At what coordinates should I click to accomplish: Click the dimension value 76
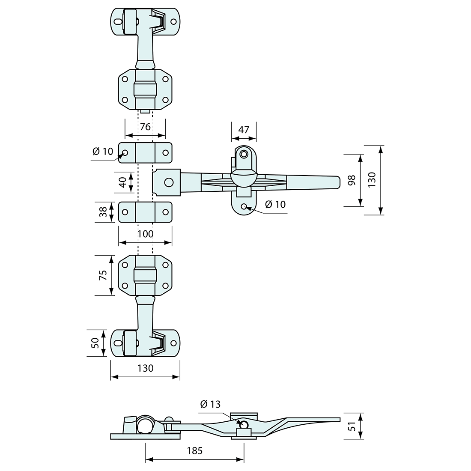(145, 127)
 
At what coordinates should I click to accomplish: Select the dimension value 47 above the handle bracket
(244, 130)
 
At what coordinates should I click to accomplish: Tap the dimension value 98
(352, 180)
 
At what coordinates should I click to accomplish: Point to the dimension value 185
(194, 450)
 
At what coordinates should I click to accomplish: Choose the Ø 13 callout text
(210, 404)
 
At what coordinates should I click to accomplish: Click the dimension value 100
(145, 234)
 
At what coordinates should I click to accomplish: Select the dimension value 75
(103, 275)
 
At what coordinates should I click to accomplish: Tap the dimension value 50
(95, 343)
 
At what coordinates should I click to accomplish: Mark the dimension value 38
(103, 212)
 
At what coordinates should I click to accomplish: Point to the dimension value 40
(122, 182)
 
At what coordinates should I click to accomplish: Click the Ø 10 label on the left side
(102, 151)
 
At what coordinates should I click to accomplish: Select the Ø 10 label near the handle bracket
(275, 204)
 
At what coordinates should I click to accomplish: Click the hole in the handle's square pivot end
(169, 182)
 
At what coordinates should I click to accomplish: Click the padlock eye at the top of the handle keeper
(244, 154)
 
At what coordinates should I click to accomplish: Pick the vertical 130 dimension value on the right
(372, 180)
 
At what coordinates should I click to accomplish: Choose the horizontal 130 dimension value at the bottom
(145, 368)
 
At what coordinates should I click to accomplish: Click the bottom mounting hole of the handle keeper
(244, 206)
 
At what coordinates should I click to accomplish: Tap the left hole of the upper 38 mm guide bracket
(125, 152)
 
